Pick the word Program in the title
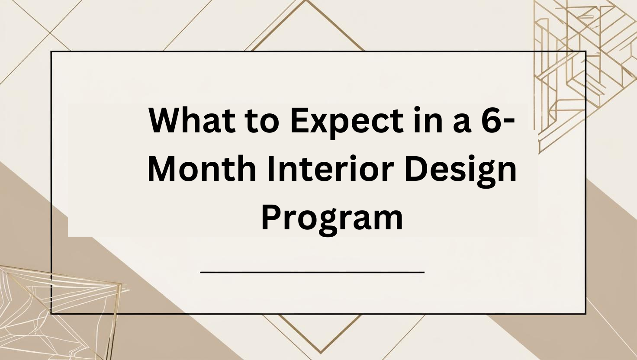coord(332,219)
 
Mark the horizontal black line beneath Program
coord(312,272)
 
